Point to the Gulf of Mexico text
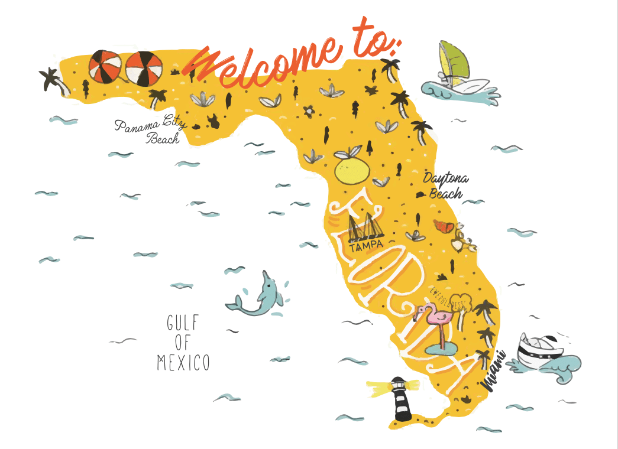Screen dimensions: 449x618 pyautogui.click(x=183, y=343)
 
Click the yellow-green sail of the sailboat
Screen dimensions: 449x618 pyautogui.click(x=455, y=60)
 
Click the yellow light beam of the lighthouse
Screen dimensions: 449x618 pyautogui.click(x=381, y=387)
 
